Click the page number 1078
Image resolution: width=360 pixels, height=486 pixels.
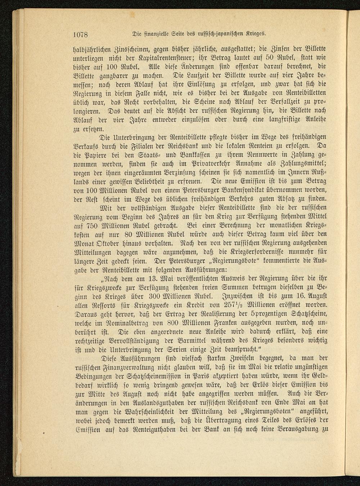point(81,35)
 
